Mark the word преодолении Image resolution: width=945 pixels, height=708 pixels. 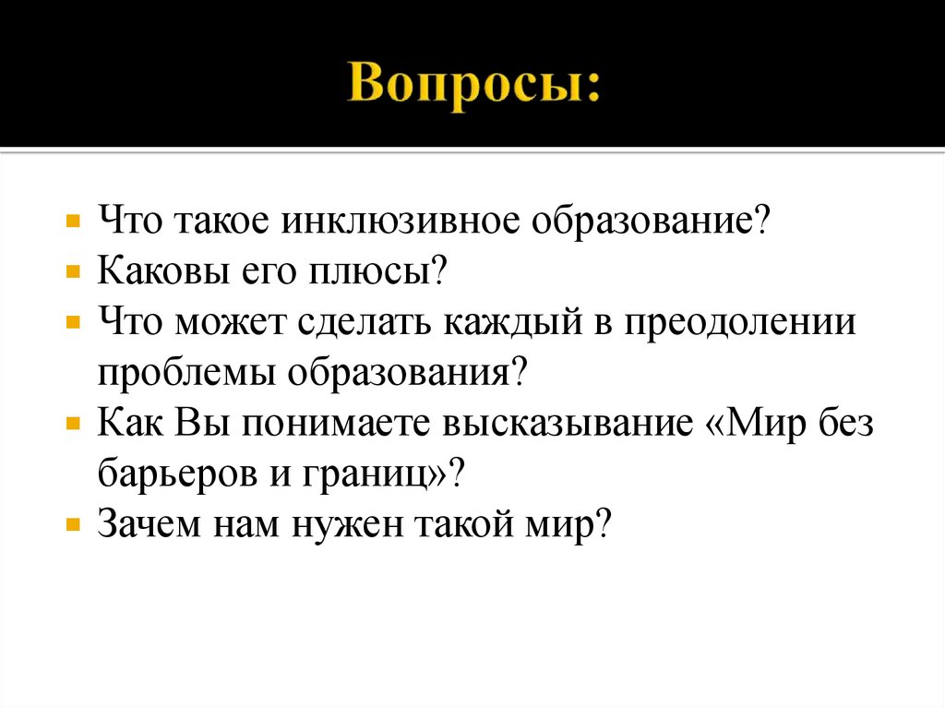[x=739, y=325]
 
